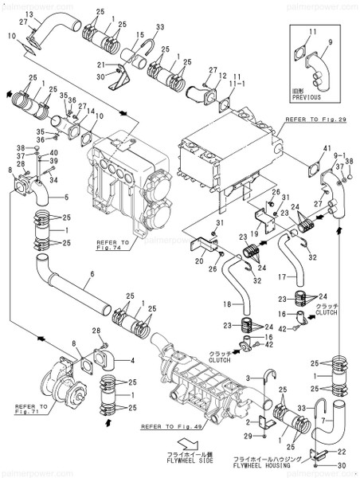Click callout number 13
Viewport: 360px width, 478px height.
tap(29, 15)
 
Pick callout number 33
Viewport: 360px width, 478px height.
tap(160, 27)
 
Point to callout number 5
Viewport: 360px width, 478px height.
tap(66, 196)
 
